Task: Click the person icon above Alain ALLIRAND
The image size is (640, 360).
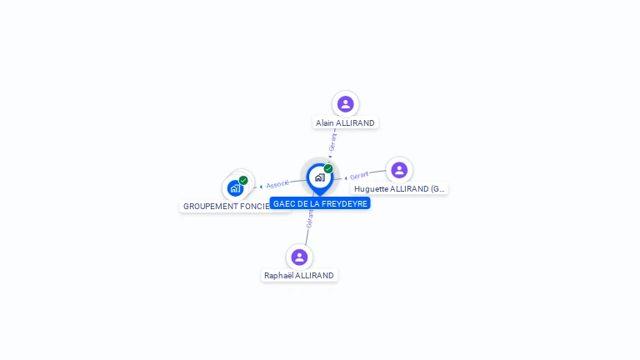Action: tap(345, 104)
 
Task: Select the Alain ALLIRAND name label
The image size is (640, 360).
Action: tap(345, 122)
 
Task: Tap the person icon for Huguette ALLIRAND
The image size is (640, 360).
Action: tap(399, 170)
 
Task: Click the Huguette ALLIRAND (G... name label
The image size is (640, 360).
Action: tap(399, 189)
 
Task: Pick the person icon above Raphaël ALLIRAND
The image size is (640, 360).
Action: tap(299, 257)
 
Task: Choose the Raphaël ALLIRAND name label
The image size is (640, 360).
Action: tap(299, 276)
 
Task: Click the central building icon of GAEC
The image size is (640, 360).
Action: tap(319, 177)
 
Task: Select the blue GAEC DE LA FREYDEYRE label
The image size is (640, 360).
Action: tap(320, 203)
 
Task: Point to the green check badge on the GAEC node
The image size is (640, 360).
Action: tap(328, 168)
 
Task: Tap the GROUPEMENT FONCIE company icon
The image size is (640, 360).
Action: tap(235, 188)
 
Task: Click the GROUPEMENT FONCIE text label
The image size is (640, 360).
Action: tap(227, 206)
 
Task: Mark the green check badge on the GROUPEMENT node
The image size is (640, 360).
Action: tap(243, 180)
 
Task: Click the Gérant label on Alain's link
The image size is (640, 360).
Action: tap(333, 142)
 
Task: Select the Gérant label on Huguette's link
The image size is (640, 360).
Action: tap(359, 176)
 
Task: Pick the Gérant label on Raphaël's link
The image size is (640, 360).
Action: tap(310, 219)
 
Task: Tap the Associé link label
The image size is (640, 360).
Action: tap(277, 184)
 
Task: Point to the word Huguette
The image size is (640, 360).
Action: tap(372, 189)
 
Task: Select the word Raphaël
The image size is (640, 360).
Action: tap(279, 276)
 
